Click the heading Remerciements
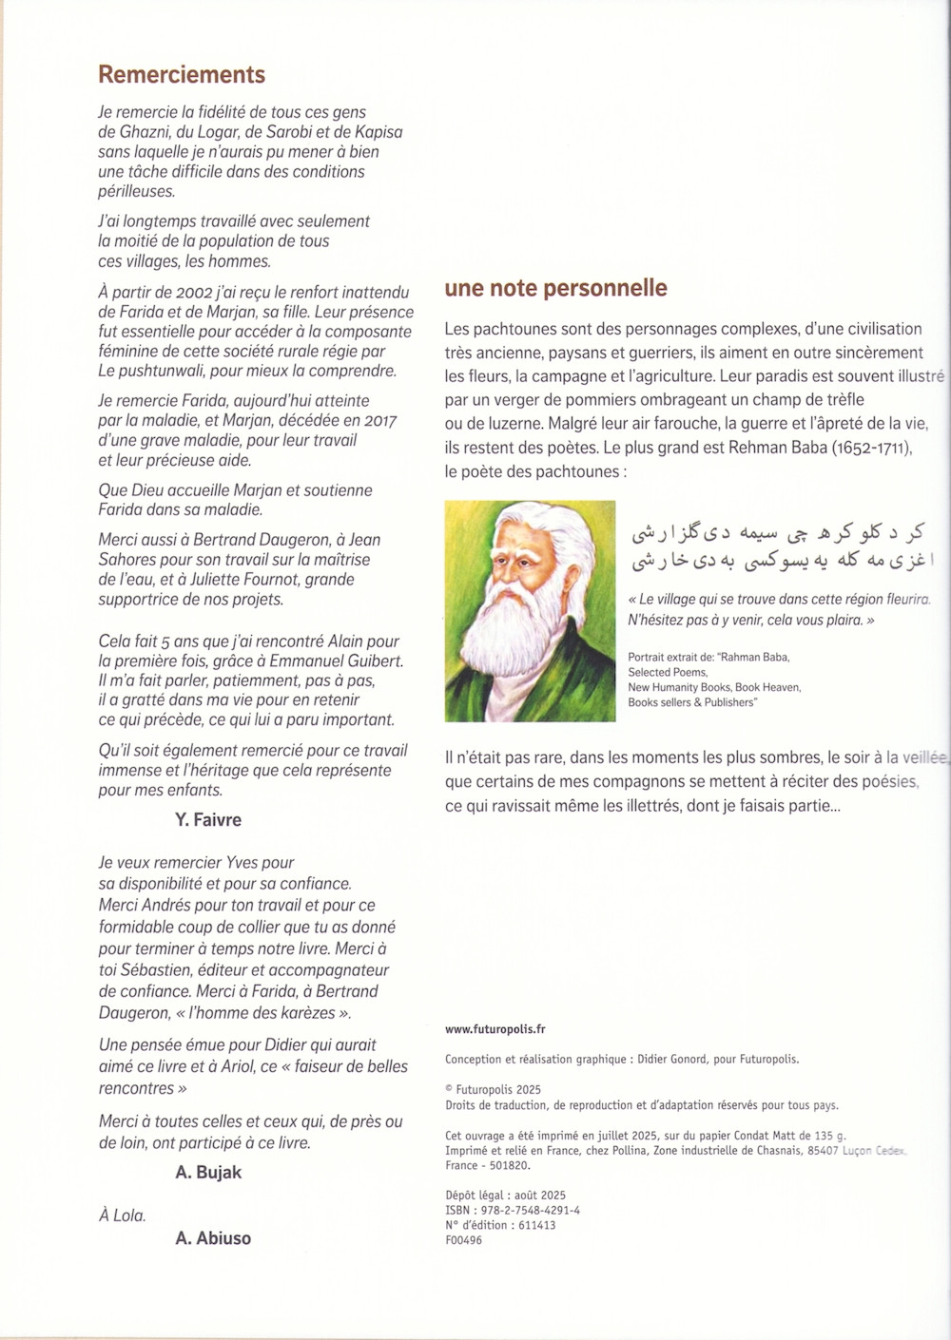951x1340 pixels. (182, 75)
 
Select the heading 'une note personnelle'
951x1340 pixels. (555, 288)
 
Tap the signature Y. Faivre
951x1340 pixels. (208, 819)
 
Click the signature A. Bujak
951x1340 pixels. (208, 1172)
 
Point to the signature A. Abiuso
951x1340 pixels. (213, 1237)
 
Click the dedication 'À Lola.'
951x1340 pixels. (123, 1215)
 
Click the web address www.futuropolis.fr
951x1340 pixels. (495, 1028)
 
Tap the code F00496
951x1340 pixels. (464, 1240)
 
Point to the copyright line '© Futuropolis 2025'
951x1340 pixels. (493, 1089)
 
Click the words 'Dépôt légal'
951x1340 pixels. (472, 1195)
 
